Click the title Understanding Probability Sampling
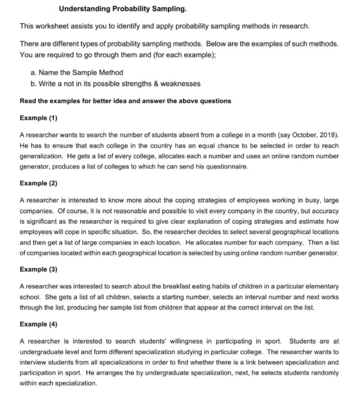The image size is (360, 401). tap(123, 9)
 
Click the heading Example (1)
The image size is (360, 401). tap(38, 118)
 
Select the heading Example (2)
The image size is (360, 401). tap(38, 183)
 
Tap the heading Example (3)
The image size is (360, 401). tap(38, 269)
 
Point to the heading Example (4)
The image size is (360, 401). tap(38, 324)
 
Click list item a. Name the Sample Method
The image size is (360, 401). tap(77, 73)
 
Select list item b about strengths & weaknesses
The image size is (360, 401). tap(115, 84)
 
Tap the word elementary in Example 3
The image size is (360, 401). tap(324, 286)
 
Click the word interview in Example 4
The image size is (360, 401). tap(31, 362)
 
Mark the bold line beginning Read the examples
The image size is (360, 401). tap(125, 101)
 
